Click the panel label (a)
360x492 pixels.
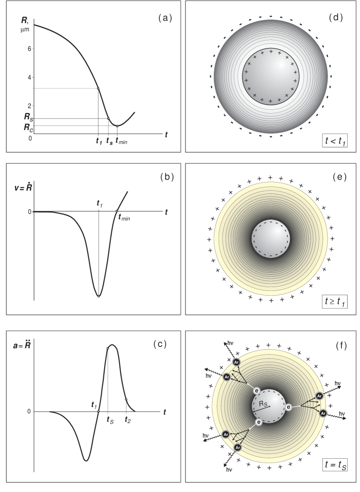click(165, 18)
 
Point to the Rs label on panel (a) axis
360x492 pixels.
click(29, 117)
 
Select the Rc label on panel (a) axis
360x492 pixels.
click(29, 127)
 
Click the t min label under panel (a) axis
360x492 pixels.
click(121, 141)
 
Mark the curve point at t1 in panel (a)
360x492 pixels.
click(98, 88)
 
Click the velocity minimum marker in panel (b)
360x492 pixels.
click(98, 296)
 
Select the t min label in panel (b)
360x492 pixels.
click(124, 217)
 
